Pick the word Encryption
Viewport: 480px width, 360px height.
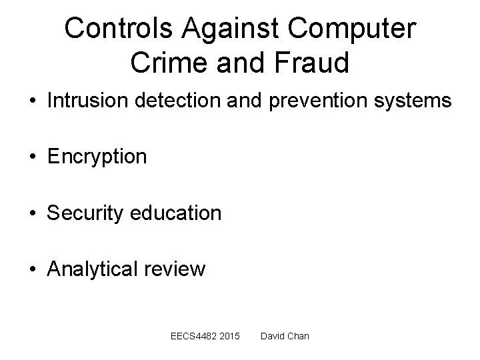(x=97, y=157)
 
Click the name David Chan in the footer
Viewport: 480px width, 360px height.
(x=285, y=336)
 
